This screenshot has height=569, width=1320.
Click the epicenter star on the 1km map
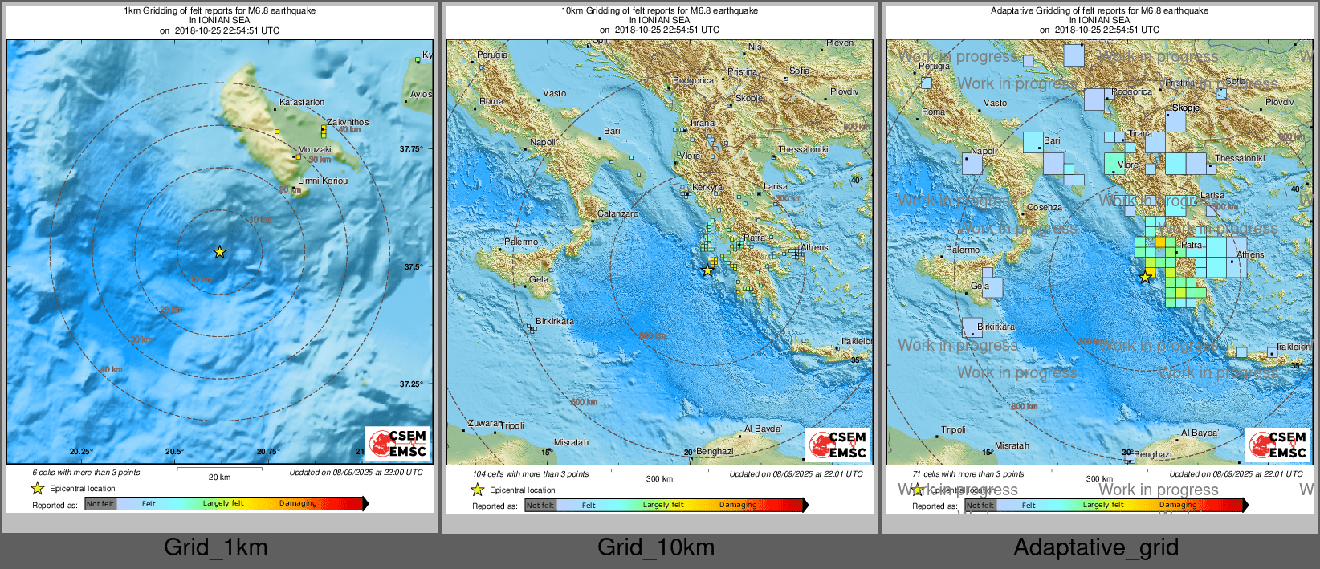point(219,252)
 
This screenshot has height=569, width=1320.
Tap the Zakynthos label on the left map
point(348,122)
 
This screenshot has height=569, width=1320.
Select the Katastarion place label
point(302,102)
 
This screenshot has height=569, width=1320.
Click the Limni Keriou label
point(323,181)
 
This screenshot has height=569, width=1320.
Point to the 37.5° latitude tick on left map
point(411,266)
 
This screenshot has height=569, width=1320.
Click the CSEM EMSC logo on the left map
point(398,444)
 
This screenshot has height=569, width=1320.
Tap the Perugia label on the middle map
point(492,55)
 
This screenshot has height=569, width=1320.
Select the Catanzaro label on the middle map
point(617,213)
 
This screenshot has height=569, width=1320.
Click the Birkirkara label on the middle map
point(555,321)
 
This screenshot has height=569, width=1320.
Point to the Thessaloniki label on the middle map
point(802,149)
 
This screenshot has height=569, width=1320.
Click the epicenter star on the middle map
point(707,270)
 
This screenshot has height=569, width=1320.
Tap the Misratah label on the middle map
point(571,442)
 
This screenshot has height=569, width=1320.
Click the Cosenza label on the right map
point(1045,207)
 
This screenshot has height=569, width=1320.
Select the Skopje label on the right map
point(1186,108)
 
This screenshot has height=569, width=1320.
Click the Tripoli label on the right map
point(953,429)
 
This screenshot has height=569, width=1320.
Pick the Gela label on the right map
point(980,286)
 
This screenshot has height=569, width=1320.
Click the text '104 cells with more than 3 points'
point(530,473)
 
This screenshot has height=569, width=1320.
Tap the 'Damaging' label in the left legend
point(298,503)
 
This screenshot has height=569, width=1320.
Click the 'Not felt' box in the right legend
point(980,505)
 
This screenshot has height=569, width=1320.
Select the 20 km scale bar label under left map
point(219,477)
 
